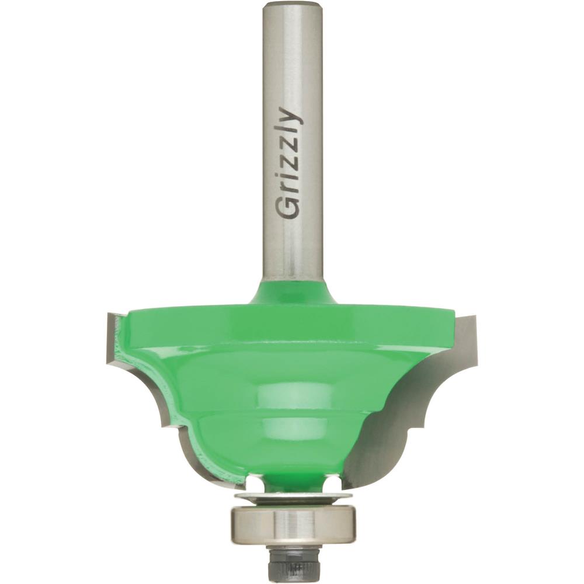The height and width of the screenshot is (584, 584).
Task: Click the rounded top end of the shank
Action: pyautogui.click(x=292, y=7)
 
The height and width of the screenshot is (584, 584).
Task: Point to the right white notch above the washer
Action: pyautogui.click(x=332, y=483)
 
